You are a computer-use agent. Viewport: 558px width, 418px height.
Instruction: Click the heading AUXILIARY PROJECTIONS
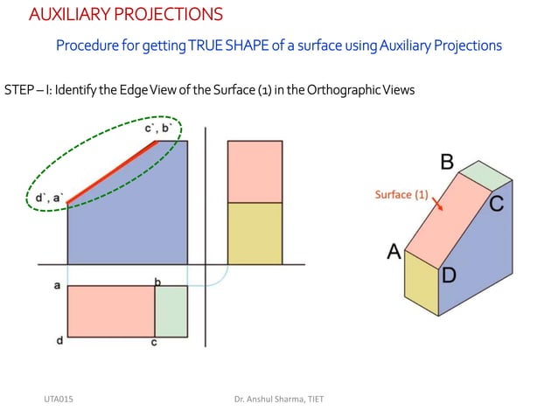tap(125, 15)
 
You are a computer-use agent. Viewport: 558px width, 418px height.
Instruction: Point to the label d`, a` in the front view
tap(49, 198)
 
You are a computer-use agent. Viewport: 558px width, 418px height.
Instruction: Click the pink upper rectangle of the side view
tap(255, 171)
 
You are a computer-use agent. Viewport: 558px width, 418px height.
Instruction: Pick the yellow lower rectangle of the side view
tap(255, 233)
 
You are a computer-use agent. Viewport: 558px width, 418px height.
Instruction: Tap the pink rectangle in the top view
tap(111, 310)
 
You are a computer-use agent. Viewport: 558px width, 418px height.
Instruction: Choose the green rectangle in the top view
tap(171, 310)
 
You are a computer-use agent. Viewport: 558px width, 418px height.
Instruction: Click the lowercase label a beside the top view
tap(57, 286)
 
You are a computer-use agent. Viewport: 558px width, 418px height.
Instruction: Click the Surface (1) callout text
tap(401, 195)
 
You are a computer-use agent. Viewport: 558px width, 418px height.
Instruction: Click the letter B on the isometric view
tap(446, 162)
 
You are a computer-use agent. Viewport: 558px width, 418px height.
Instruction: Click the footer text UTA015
tap(59, 400)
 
